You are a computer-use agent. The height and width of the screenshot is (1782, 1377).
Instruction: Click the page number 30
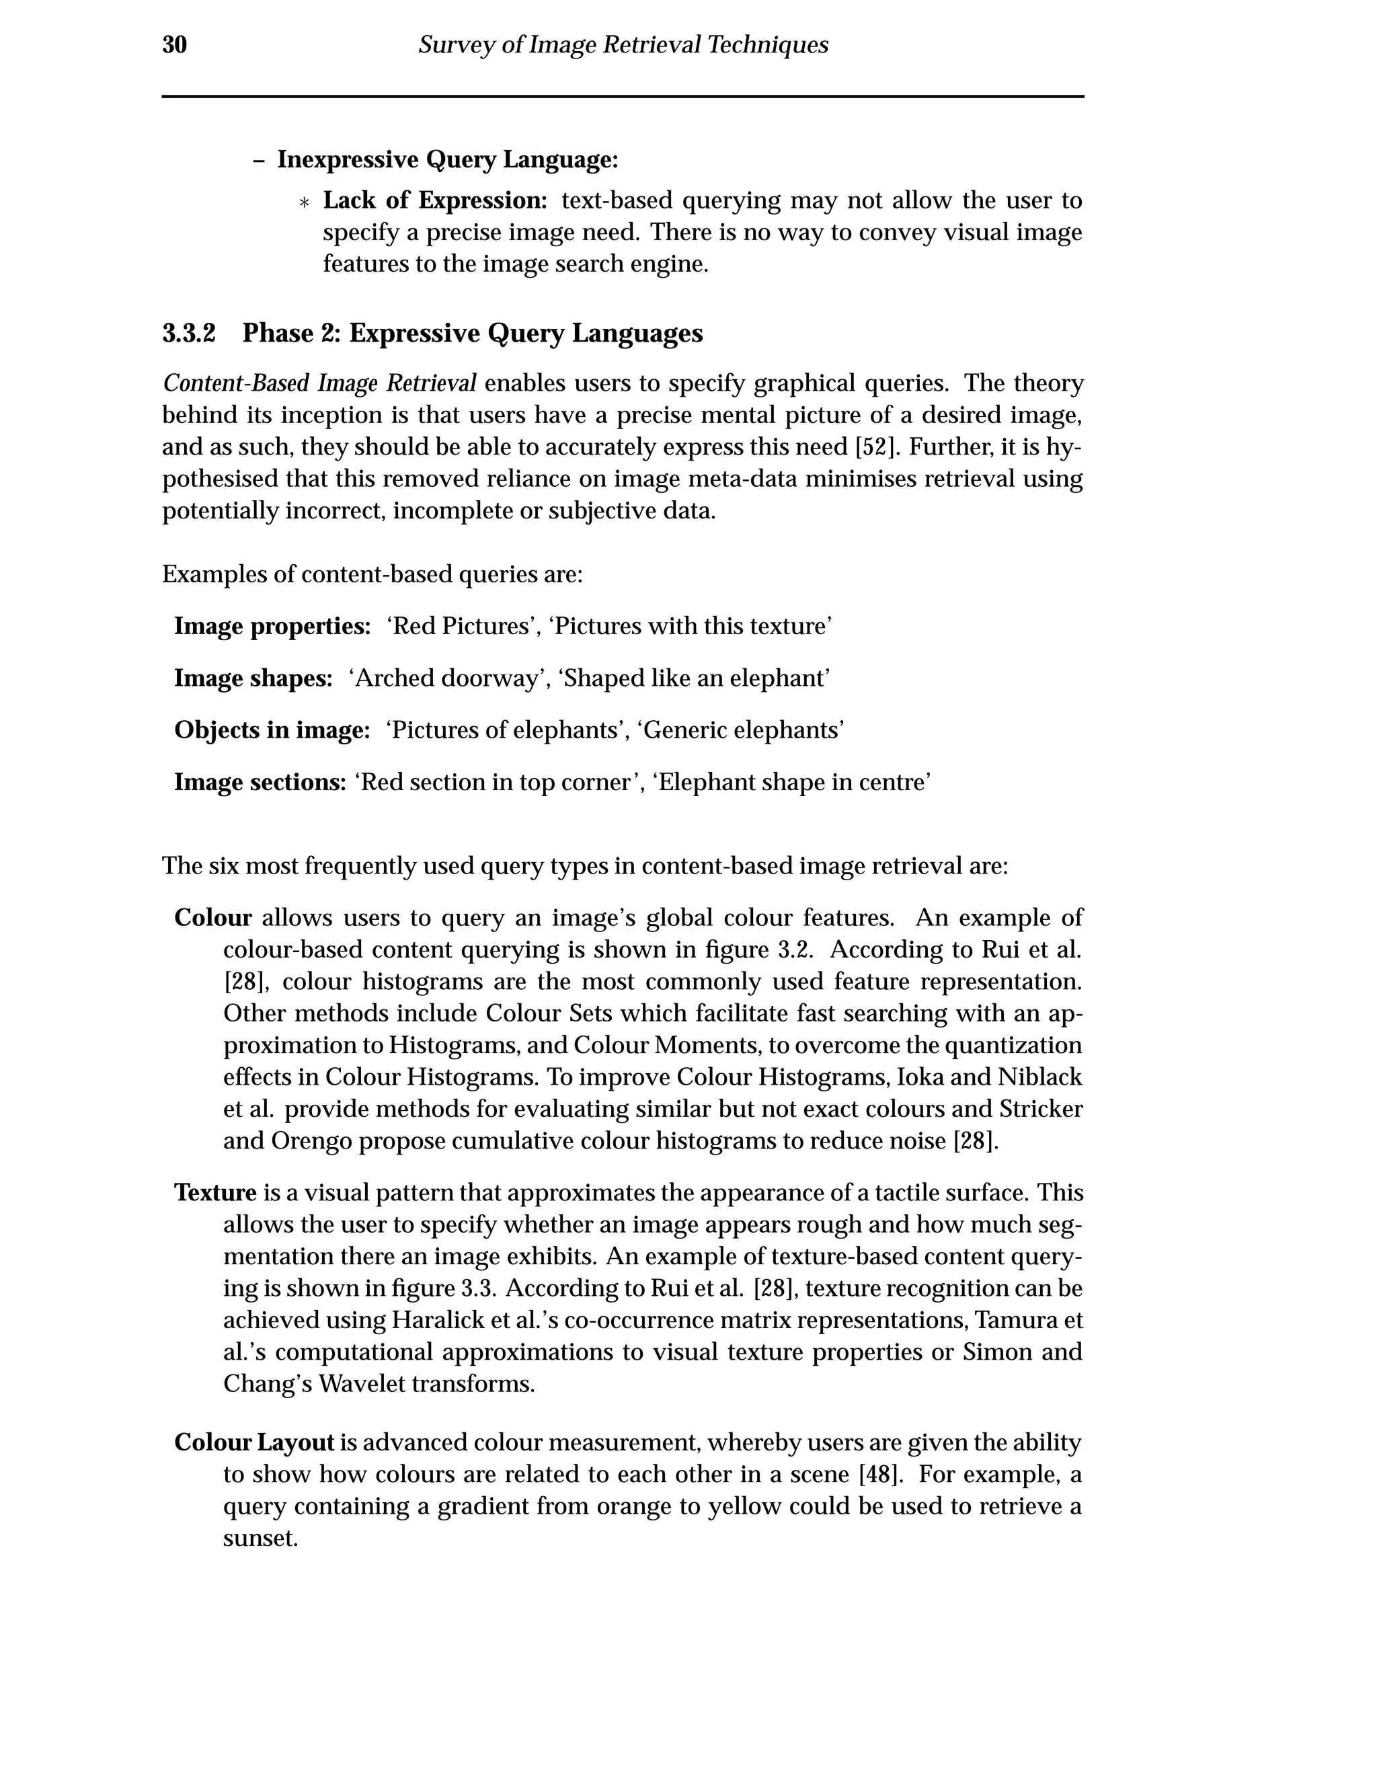(175, 45)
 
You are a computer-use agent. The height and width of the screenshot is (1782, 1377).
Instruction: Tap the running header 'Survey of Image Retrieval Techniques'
(623, 45)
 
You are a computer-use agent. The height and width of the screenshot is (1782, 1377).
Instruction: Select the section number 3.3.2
(188, 334)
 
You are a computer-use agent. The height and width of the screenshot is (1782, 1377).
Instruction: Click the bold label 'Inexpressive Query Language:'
(447, 160)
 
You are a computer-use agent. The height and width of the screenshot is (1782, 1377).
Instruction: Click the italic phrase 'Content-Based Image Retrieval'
(319, 383)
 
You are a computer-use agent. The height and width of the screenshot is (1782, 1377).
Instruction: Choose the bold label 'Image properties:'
(272, 627)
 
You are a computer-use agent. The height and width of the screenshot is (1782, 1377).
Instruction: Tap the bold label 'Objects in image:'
(272, 730)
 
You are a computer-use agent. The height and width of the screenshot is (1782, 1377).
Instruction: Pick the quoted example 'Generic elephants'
(740, 730)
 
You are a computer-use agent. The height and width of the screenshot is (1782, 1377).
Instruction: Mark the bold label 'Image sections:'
(260, 783)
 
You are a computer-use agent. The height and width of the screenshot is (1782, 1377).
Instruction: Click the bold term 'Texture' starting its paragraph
(215, 1193)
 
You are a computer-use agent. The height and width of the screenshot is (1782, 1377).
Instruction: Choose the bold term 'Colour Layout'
(253, 1442)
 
